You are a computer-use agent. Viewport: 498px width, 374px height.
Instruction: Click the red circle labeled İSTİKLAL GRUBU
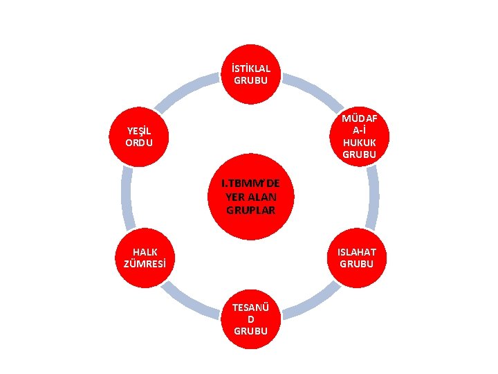(x=251, y=74)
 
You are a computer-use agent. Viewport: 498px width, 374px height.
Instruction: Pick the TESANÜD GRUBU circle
(x=250, y=319)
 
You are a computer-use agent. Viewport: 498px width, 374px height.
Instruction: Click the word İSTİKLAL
(x=251, y=69)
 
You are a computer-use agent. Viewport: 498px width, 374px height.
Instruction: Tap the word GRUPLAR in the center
(x=250, y=210)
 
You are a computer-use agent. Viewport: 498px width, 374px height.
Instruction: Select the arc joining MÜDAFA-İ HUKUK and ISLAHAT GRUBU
(x=373, y=197)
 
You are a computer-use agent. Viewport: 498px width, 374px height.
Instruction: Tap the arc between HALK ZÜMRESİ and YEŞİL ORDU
(x=127, y=197)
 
